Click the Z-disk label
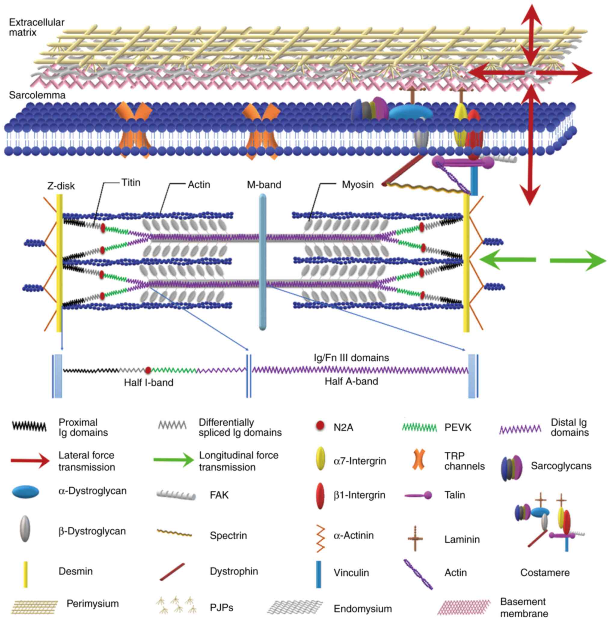pyautogui.click(x=61, y=186)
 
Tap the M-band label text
pyautogui.click(x=264, y=185)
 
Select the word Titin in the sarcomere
pyautogui.click(x=131, y=183)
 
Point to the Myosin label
pyautogui.click(x=358, y=185)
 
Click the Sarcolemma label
pyautogui.click(x=37, y=95)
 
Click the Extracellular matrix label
pyautogui.click(x=36, y=27)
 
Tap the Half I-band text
pyautogui.click(x=149, y=382)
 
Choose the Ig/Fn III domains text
pyautogui.click(x=352, y=358)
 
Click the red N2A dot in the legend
pyautogui.click(x=320, y=426)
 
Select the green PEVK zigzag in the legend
pyautogui.click(x=419, y=427)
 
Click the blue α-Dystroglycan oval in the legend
pyautogui.click(x=26, y=492)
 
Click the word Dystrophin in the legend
pyautogui.click(x=234, y=571)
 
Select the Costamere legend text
pyautogui.click(x=545, y=572)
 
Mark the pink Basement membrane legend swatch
pyautogui.click(x=464, y=607)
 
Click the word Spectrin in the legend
pyautogui.click(x=228, y=535)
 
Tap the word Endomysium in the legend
pyautogui.click(x=363, y=608)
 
